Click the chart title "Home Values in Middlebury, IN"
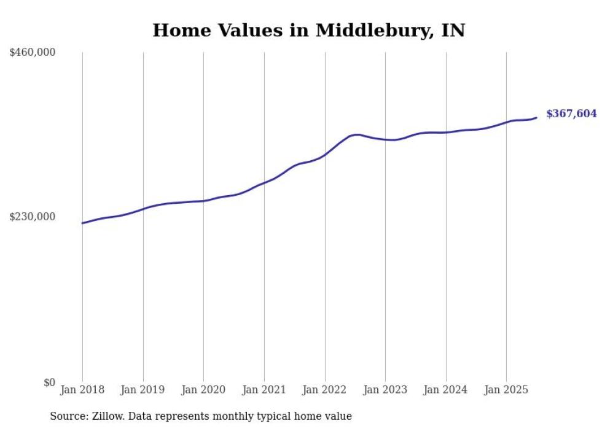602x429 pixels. (308, 30)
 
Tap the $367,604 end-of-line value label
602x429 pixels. (571, 114)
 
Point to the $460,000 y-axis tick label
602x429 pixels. (33, 53)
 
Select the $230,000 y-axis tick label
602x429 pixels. (33, 217)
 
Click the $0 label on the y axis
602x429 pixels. (49, 382)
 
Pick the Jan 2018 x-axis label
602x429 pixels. (82, 390)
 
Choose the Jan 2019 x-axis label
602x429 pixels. (143, 390)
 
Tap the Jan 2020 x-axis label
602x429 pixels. (203, 390)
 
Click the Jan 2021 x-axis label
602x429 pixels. (264, 390)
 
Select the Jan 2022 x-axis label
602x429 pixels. (324, 390)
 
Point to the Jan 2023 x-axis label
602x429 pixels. (385, 390)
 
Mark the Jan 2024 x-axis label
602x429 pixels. (445, 390)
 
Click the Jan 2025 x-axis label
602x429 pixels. (506, 390)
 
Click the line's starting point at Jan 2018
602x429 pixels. (82, 223)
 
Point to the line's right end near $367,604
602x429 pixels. (536, 118)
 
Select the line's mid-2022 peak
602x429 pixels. (356, 134)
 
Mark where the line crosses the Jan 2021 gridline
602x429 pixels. (264, 182)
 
